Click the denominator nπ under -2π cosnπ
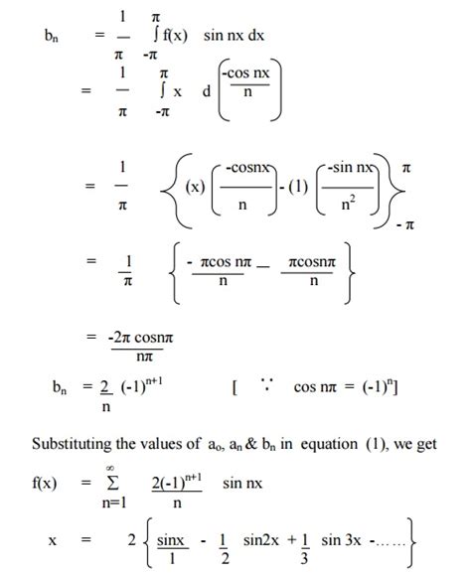(x=135, y=355)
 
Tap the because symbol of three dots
(x=266, y=382)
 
